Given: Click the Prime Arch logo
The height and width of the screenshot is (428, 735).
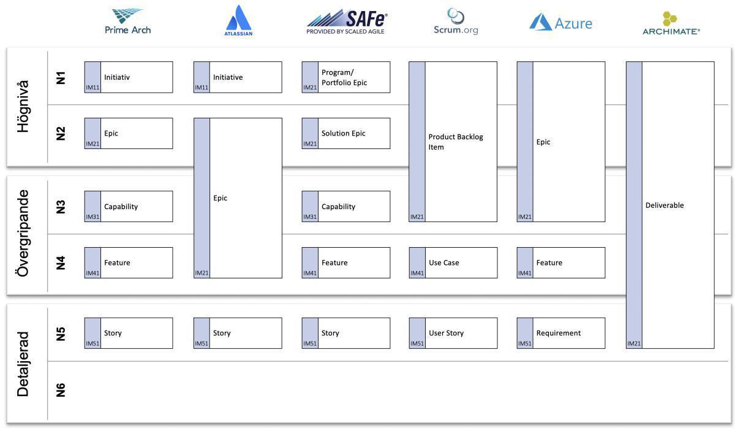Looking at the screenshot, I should coord(127,21).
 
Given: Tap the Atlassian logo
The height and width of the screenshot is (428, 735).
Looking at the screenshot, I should coord(238,21).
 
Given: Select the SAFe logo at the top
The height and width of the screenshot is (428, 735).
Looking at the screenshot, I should coord(347,22).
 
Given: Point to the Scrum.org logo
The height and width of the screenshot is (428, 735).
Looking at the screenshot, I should coord(456,22).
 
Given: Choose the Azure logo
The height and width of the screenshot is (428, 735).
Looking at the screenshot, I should coord(560,23).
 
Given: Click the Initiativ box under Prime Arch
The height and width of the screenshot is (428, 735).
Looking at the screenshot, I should coord(129,77).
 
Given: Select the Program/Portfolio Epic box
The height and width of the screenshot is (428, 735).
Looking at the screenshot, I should coord(346,77).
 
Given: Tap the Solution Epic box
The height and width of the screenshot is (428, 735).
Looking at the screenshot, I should coord(346,134).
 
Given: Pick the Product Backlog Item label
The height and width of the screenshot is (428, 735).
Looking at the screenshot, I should coord(456,142).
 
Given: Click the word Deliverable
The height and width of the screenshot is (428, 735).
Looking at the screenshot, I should coord(665,205).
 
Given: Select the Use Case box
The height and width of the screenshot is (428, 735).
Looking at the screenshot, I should coord(453,263).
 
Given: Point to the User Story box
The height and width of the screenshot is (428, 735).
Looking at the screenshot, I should coord(453,333).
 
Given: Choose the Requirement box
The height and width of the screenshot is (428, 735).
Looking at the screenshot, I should coord(561,333).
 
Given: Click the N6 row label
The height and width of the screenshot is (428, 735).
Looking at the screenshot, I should coord(61,390).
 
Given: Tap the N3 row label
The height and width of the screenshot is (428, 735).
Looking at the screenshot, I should coord(61,207).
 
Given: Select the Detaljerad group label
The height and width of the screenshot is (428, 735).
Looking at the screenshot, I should coord(23,364).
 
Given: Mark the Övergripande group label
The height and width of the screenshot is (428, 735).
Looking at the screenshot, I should coord(23,233).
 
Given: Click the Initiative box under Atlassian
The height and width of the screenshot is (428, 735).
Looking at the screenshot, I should coord(238,77).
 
